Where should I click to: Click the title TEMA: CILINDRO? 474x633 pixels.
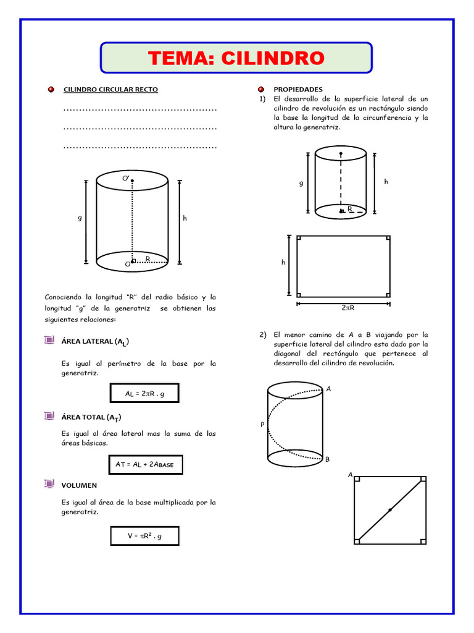tap(236, 58)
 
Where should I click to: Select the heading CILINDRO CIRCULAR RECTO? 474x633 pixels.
tap(111, 90)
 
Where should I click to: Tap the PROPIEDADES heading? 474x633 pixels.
tap(298, 90)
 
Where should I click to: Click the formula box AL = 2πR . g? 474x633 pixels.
tap(144, 393)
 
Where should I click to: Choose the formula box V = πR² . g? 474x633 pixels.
tap(144, 536)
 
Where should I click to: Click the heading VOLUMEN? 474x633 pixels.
tap(78, 485)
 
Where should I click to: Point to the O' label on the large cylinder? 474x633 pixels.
tap(125, 178)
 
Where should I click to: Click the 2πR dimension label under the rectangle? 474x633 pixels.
tap(347, 307)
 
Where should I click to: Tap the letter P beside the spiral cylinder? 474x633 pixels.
tap(262, 425)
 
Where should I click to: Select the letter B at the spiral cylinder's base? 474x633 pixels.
tap(327, 459)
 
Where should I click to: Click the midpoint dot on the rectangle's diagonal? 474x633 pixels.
tap(390, 510)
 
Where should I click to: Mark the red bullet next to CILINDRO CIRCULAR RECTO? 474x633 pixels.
tap(51, 90)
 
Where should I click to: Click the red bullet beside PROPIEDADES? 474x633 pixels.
tap(261, 90)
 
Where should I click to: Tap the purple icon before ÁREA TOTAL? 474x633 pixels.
tap(49, 416)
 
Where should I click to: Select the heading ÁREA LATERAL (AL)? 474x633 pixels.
tap(95, 341)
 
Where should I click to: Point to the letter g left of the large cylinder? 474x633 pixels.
tap(80, 218)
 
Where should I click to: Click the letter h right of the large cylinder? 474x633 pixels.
tap(185, 218)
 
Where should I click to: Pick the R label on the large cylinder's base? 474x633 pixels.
tap(148, 258)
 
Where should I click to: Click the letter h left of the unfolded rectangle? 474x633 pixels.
tap(283, 262)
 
